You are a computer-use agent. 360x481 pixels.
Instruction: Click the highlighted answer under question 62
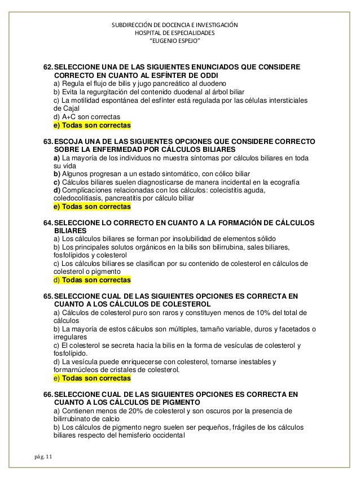(x=91, y=124)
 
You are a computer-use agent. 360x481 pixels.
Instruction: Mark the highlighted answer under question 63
(x=91, y=207)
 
